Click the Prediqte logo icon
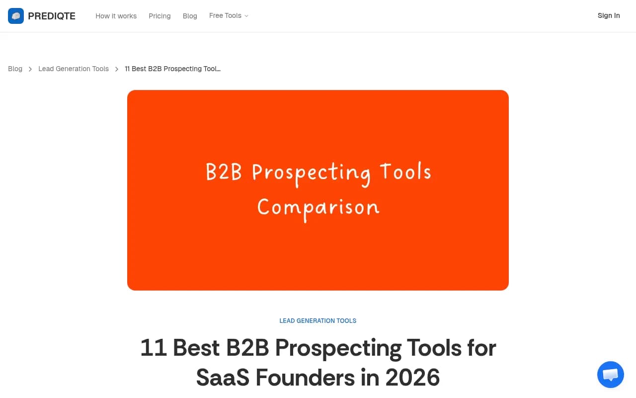[x=16, y=16]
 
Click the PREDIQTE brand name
[x=52, y=16]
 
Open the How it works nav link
[x=116, y=16]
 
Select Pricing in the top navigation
[x=159, y=16]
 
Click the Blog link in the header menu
[x=190, y=16]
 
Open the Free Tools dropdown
[x=225, y=16]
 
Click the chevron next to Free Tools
[x=246, y=16]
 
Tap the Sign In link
[x=609, y=16]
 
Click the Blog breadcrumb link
[x=15, y=69]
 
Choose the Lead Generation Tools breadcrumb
[x=74, y=69]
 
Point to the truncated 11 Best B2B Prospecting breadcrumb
[x=172, y=69]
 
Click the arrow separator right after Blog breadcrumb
[x=30, y=69]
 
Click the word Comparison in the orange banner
[x=318, y=207]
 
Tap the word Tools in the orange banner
[x=405, y=172]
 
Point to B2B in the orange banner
[x=224, y=173]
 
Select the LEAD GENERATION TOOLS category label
[x=318, y=321]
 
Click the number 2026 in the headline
[x=412, y=378]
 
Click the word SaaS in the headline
[x=223, y=378]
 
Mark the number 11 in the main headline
[x=153, y=348]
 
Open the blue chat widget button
[x=610, y=375]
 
